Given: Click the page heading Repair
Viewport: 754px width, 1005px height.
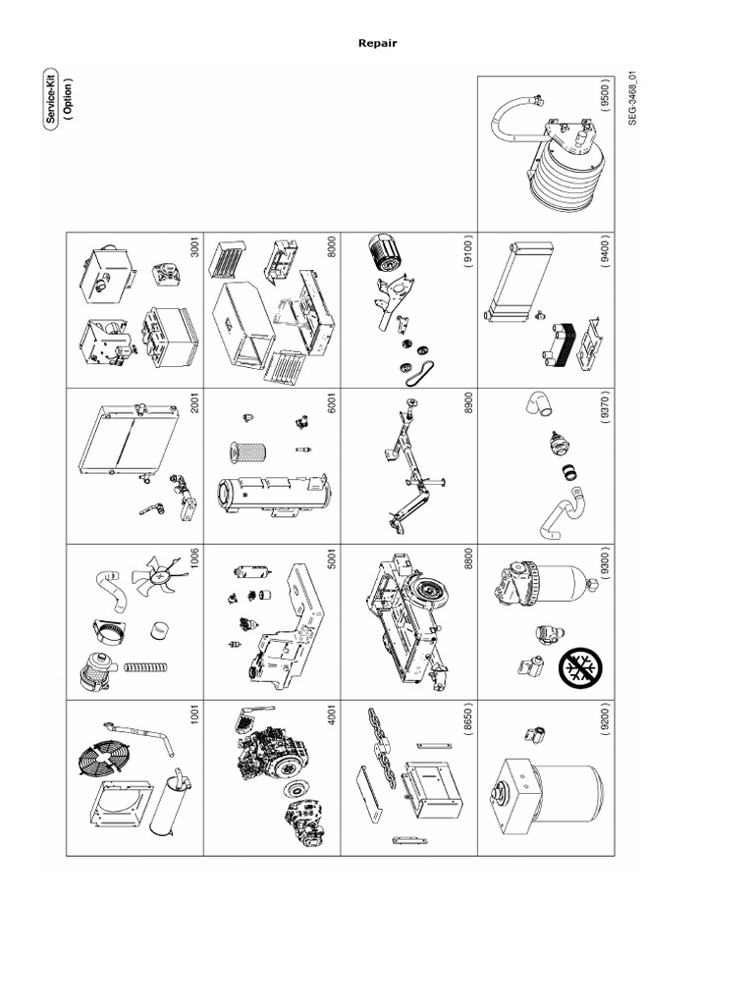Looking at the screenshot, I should pyautogui.click(x=377, y=43).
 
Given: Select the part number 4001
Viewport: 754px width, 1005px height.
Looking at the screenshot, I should pyautogui.click(x=332, y=717).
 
